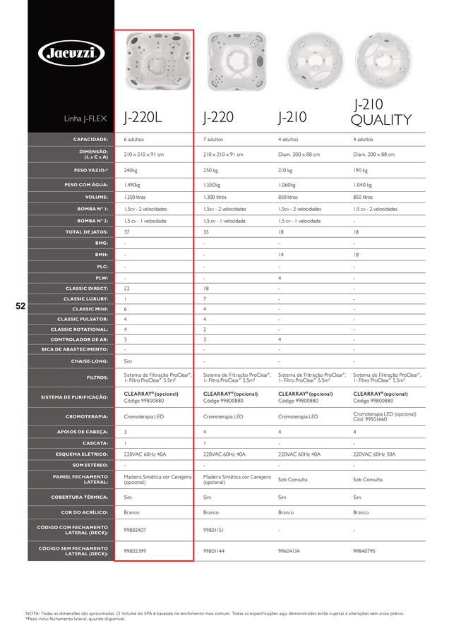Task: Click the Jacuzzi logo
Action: [71, 52]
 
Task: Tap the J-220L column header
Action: [143, 117]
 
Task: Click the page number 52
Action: [20, 306]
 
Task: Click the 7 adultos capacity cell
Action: [213, 140]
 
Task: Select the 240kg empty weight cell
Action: [131, 170]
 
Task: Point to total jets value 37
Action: [127, 231]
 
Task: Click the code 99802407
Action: [135, 530]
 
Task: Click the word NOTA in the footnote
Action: [32, 614]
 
